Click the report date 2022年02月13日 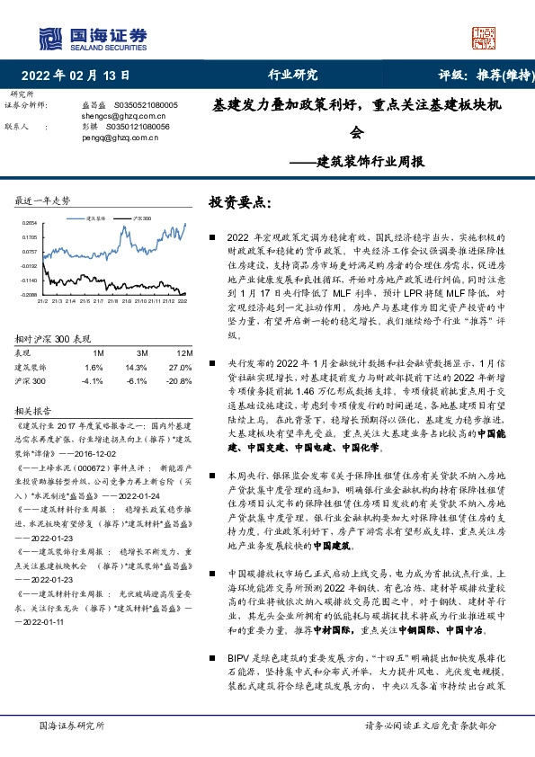76,75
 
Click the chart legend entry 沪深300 143,218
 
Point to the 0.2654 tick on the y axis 28,222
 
